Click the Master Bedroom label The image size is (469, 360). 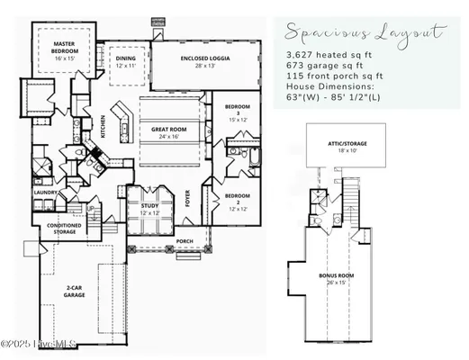click(x=63, y=47)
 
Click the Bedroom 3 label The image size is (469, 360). click(x=237, y=114)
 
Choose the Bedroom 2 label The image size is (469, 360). click(x=237, y=200)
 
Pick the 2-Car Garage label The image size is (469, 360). click(x=74, y=291)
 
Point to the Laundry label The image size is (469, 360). click(x=47, y=193)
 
